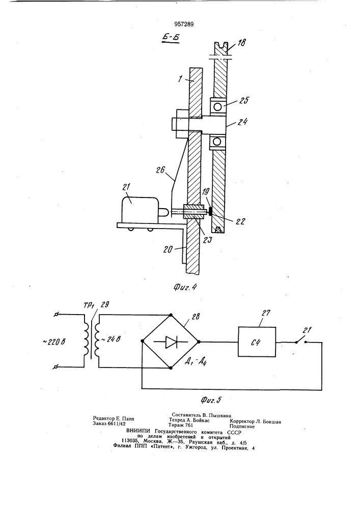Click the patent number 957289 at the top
pos(183,24)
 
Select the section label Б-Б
pos(171,38)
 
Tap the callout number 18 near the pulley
pos(241,43)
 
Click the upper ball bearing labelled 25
pos(217,106)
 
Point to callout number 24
pos(242,122)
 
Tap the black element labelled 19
pos(210,212)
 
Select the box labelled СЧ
pos(257,342)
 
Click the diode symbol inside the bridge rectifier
pos(170,342)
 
